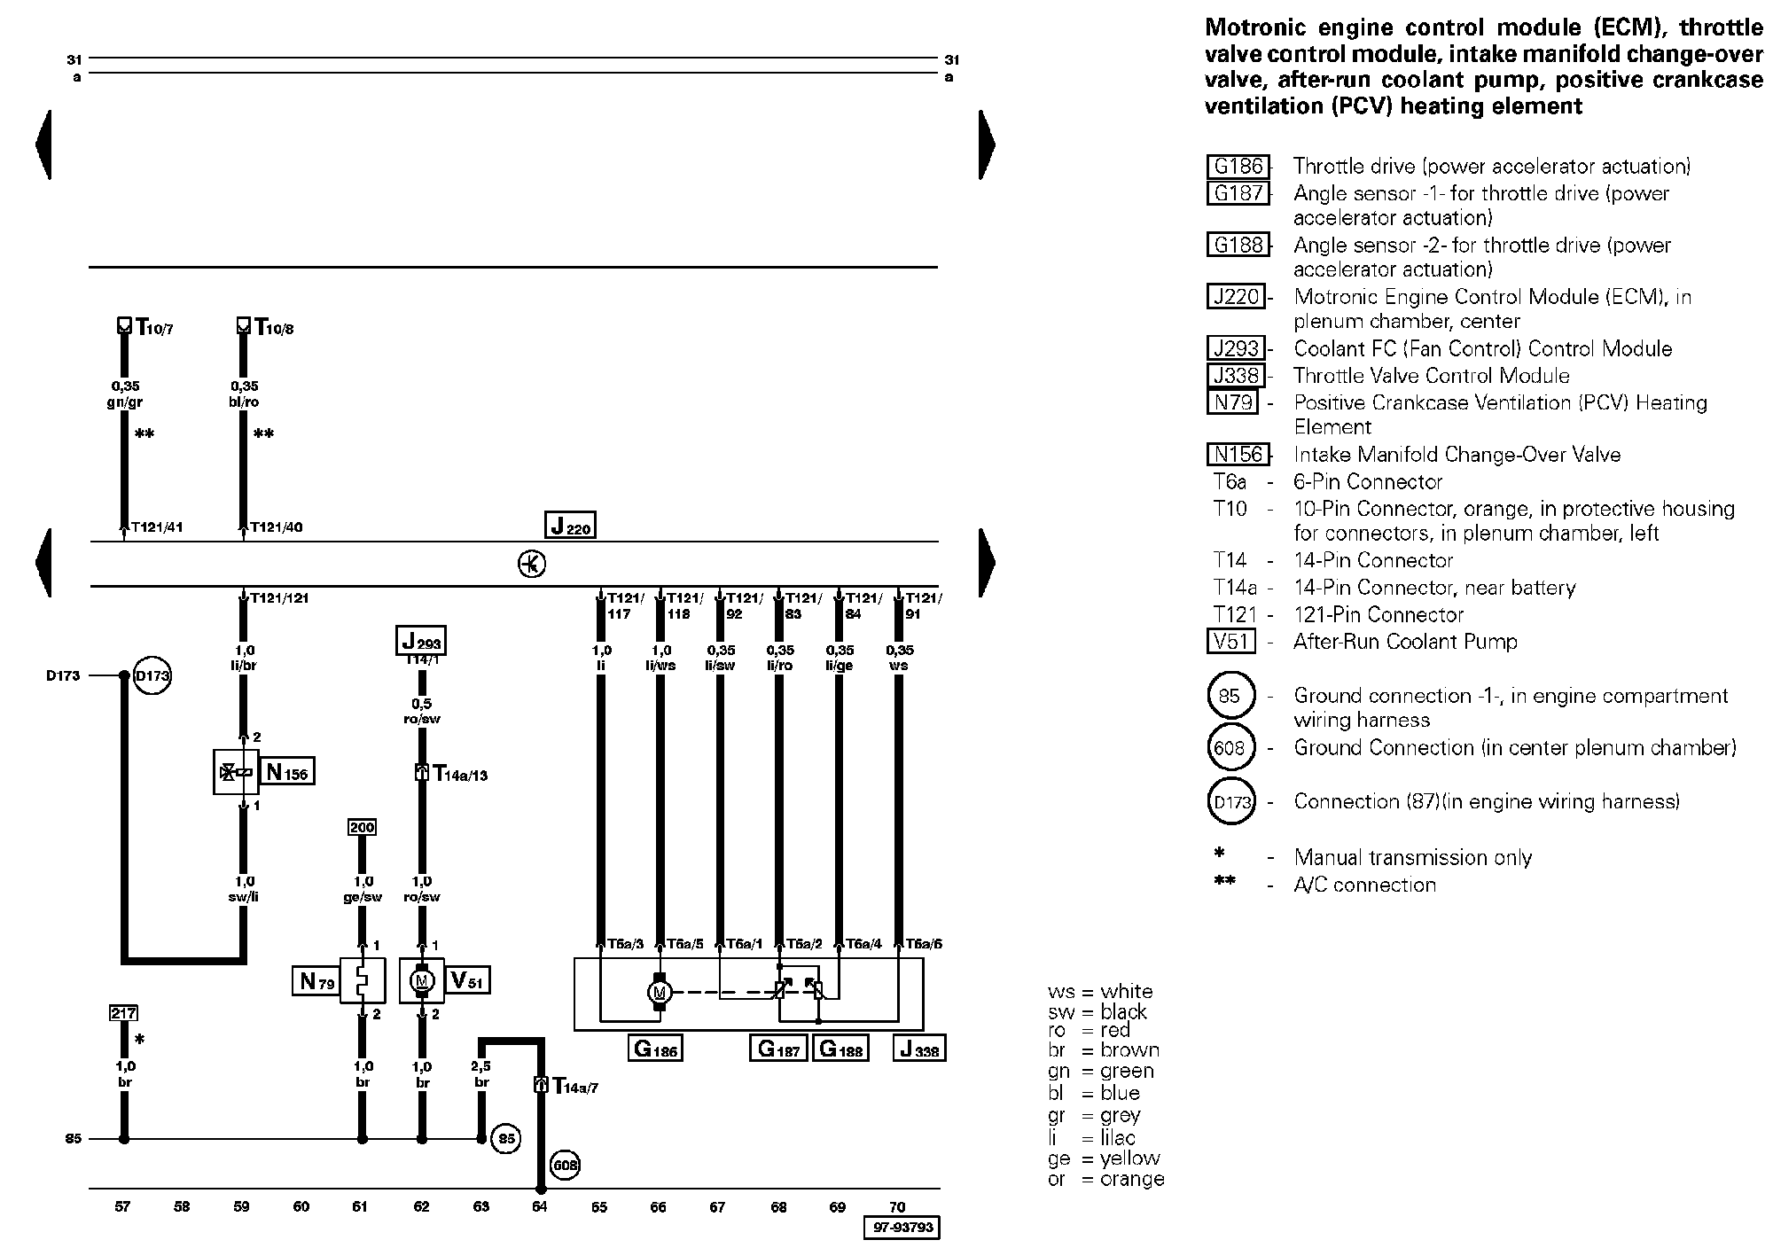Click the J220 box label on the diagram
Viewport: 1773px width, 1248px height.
click(x=570, y=525)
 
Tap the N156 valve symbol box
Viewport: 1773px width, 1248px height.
click(x=236, y=772)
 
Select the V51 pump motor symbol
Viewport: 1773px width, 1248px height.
click(x=422, y=980)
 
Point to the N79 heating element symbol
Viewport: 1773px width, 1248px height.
click(x=363, y=980)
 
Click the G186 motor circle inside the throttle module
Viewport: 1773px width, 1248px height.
click(x=660, y=991)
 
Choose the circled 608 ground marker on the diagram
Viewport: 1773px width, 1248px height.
click(x=566, y=1165)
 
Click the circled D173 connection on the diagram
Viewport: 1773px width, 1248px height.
click(x=152, y=675)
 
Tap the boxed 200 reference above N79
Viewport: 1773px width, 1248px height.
click(x=362, y=827)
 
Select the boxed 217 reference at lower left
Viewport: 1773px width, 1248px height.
click(x=123, y=1012)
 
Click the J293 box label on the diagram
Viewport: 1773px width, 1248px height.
click(x=420, y=640)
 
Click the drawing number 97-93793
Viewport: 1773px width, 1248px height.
click(x=901, y=1228)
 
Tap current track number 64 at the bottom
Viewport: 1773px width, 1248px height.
click(x=540, y=1206)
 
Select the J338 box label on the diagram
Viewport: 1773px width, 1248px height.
click(x=919, y=1049)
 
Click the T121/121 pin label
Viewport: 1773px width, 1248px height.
click(x=279, y=598)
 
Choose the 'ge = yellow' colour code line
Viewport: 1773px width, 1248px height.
click(x=1104, y=1158)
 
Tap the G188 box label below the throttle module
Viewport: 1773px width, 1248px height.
click(x=840, y=1049)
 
